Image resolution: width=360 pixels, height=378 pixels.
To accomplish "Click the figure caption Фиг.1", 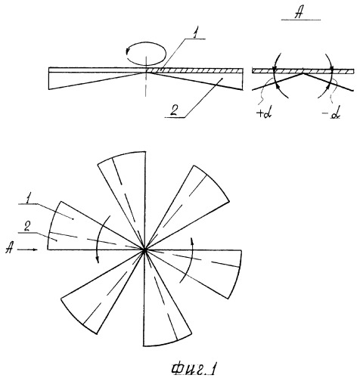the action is click(x=194, y=369).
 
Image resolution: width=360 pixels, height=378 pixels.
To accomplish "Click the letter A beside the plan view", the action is click(x=9, y=249).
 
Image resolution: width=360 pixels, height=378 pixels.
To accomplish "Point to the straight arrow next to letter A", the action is click(x=28, y=249).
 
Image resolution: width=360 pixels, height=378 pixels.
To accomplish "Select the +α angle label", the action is click(x=263, y=114).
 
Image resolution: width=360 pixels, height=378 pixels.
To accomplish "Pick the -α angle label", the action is click(x=331, y=115).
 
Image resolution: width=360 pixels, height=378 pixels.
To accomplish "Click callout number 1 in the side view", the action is click(x=194, y=35).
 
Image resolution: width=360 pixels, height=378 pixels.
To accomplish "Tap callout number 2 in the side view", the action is click(x=175, y=112).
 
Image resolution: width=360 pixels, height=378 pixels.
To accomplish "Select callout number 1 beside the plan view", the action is click(x=28, y=200).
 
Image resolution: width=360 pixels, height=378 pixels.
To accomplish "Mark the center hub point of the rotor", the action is click(x=144, y=250).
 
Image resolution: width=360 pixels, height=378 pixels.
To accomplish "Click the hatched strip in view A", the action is click(x=303, y=71).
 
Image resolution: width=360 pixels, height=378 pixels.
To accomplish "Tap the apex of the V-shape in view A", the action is click(x=303, y=73).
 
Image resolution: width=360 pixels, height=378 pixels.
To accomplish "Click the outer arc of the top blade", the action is click(x=120, y=155).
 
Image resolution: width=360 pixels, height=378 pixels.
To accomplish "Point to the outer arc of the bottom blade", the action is click(x=168, y=342).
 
